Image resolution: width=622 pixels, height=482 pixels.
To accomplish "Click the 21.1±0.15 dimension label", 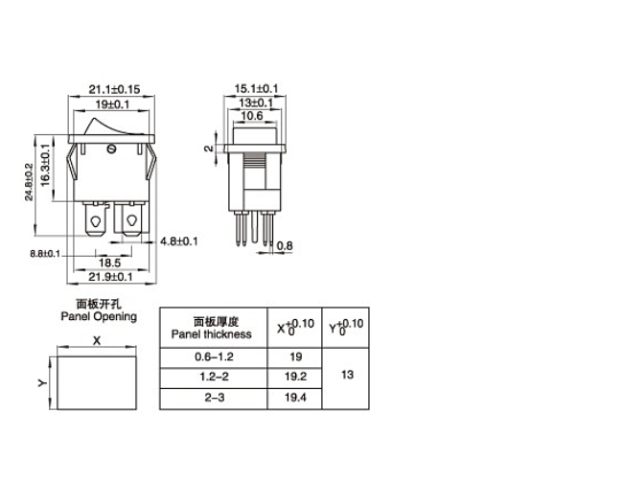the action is pos(114,89).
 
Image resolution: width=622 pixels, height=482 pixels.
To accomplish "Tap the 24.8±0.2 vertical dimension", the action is pos(30,182).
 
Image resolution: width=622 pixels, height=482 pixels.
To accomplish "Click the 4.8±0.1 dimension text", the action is pos(178,241).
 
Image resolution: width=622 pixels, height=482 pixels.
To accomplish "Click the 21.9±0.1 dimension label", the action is pos(110,277).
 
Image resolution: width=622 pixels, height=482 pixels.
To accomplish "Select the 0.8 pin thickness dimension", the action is pos(285,246).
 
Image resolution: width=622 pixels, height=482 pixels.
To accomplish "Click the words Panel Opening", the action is pos(99,315).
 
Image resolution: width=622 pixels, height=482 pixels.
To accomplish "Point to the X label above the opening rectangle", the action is pos(96,339).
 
